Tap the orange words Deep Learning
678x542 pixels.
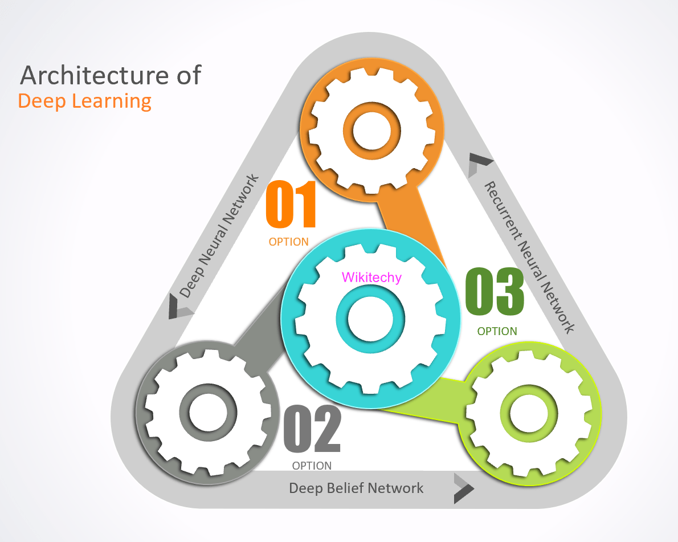click(x=85, y=101)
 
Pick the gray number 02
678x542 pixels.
click(x=312, y=429)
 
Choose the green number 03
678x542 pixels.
click(x=495, y=292)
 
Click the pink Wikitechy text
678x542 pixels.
click(x=371, y=278)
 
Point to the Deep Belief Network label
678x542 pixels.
click(x=356, y=488)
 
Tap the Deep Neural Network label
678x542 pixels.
click(x=220, y=235)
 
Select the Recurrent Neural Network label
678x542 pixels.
click(x=528, y=257)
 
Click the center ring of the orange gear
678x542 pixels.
click(x=371, y=131)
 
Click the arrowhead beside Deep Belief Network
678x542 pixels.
click(x=463, y=488)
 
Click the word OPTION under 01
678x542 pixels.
click(x=289, y=242)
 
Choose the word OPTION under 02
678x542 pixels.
click(x=312, y=466)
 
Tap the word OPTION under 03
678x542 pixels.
click(x=497, y=331)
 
